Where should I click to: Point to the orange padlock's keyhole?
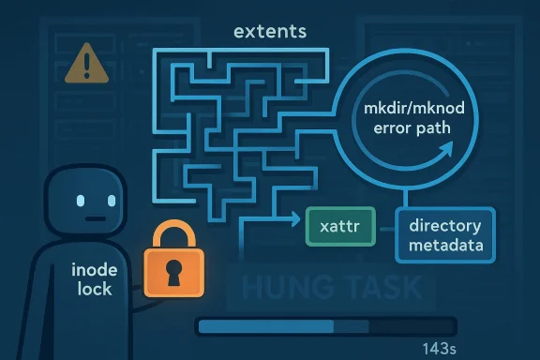pyautogui.click(x=173, y=272)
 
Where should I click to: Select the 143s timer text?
pyautogui.click(x=440, y=349)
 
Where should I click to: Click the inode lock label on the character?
pyautogui.click(x=94, y=279)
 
